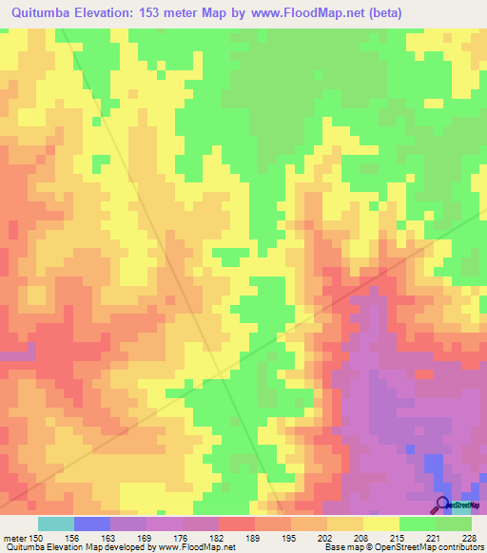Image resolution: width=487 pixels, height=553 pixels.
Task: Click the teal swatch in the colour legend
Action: pyautogui.click(x=56, y=524)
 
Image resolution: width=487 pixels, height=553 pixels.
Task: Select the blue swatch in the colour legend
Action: pyautogui.click(x=92, y=524)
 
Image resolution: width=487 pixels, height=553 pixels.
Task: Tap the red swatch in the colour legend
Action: pyautogui.click(x=237, y=524)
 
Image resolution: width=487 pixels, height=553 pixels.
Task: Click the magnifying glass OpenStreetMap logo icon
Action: pyautogui.click(x=443, y=505)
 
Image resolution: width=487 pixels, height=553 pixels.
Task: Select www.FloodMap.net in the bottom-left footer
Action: pyautogui.click(x=197, y=548)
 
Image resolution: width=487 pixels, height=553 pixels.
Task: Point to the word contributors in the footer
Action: pyautogui.click(x=457, y=548)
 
